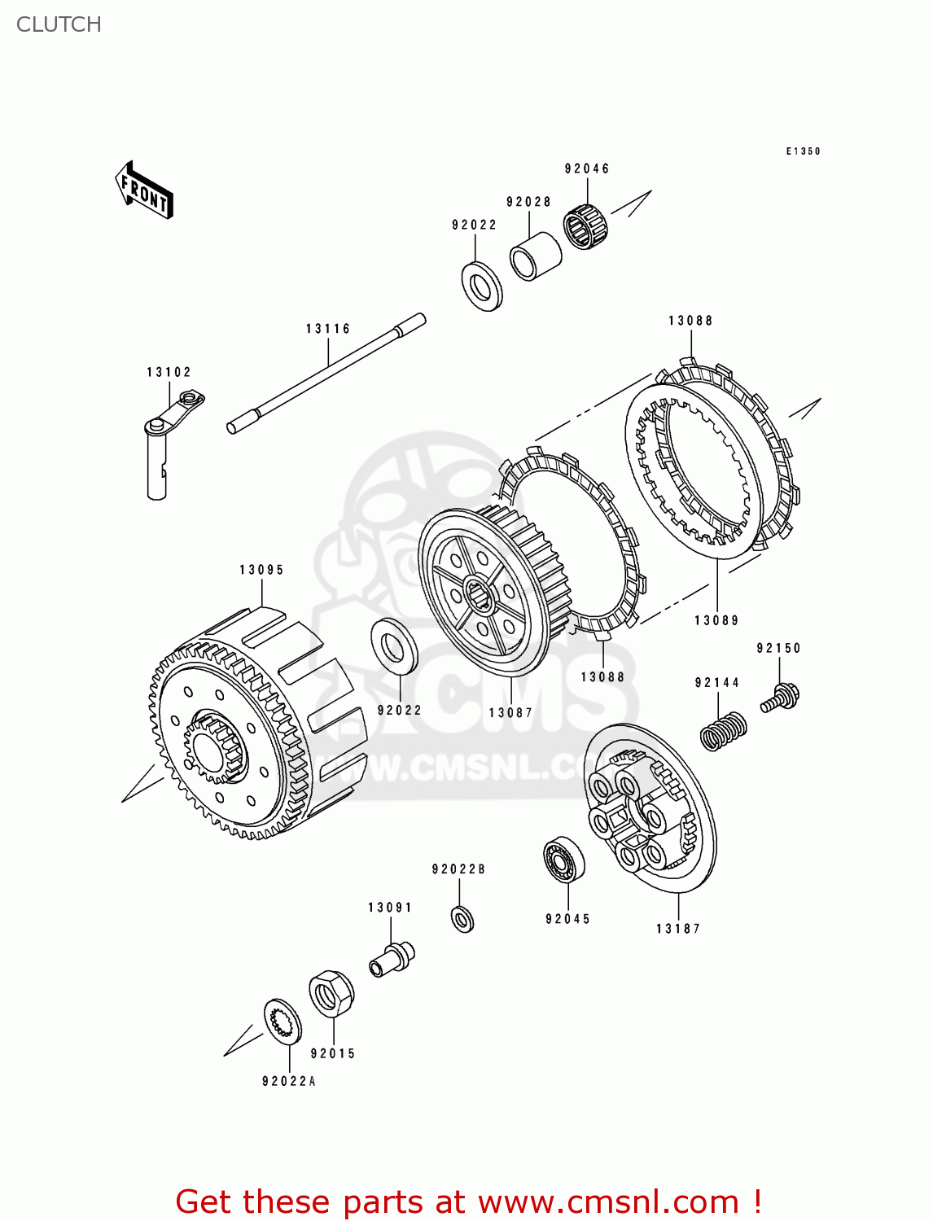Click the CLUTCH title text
[x=59, y=24]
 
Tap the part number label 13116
[x=328, y=329]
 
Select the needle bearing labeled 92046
[x=585, y=226]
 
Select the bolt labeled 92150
[x=781, y=698]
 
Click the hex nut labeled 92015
[x=331, y=993]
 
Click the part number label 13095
[x=261, y=570]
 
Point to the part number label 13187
[x=677, y=929]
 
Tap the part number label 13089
[x=716, y=620]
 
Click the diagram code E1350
[x=803, y=151]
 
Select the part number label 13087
[x=510, y=713]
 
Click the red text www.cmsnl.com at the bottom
[x=607, y=1201]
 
